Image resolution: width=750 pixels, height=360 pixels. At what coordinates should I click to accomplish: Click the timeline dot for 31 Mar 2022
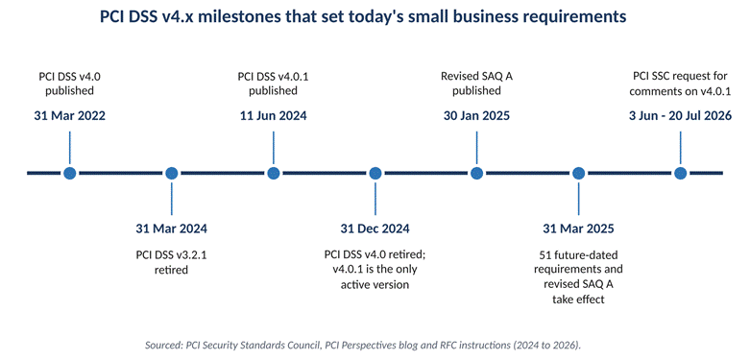(x=70, y=173)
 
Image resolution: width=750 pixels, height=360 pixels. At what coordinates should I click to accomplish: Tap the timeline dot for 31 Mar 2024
(x=171, y=173)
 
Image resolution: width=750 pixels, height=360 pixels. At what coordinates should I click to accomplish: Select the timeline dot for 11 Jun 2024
(x=273, y=173)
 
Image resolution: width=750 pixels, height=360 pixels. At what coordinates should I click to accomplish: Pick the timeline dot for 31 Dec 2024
(x=375, y=173)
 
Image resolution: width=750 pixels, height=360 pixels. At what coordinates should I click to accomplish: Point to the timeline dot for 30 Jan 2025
(x=476, y=173)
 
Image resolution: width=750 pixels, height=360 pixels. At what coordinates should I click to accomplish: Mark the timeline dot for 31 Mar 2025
(x=578, y=173)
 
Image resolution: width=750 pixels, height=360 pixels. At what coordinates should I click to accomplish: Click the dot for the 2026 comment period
(x=680, y=173)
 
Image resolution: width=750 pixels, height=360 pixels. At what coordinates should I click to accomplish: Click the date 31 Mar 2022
(x=70, y=116)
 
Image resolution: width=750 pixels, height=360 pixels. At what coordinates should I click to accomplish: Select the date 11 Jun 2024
(x=273, y=116)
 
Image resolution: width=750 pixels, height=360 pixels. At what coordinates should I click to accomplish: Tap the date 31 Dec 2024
(x=375, y=228)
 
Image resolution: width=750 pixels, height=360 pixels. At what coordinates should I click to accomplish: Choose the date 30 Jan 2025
(x=476, y=116)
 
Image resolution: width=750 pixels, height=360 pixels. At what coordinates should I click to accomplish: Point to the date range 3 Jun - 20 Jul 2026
(x=680, y=116)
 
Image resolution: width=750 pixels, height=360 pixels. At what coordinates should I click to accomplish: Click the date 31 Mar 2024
(x=171, y=228)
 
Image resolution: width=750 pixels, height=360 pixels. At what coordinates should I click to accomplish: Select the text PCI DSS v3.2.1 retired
(x=171, y=262)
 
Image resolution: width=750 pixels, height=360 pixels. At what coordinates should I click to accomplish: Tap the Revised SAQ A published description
(x=476, y=84)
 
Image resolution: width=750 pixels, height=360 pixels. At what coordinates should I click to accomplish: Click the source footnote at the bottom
(x=363, y=346)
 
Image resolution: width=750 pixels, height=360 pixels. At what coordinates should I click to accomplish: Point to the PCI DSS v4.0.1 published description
(x=273, y=84)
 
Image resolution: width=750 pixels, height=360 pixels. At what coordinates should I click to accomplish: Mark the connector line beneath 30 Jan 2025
(x=476, y=149)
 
